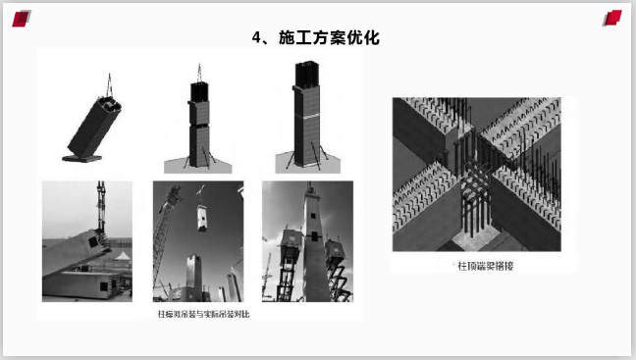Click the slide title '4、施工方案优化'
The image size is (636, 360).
click(316, 38)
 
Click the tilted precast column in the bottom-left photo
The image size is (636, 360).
click(74, 250)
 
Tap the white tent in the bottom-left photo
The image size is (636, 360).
click(122, 261)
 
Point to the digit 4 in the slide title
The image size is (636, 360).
click(258, 38)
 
